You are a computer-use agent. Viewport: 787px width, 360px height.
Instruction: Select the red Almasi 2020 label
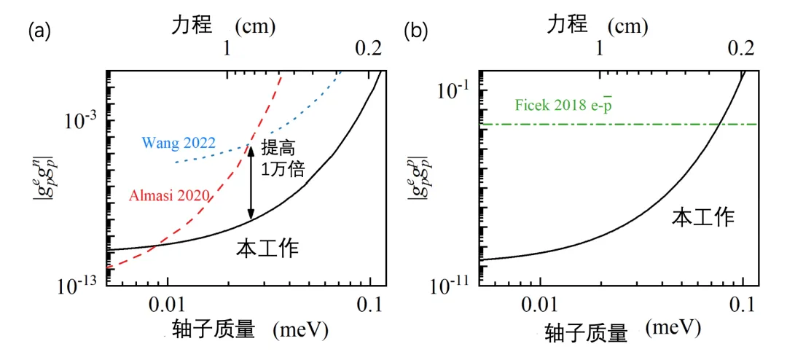pos(170,195)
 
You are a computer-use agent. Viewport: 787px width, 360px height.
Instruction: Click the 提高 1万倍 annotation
pos(281,157)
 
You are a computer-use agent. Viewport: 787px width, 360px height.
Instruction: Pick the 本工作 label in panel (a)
pos(268,249)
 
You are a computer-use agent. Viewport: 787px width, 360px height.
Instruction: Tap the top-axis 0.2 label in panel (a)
pos(368,49)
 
